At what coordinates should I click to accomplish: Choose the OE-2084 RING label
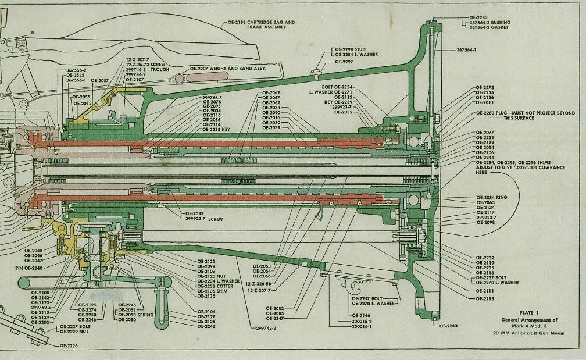491,198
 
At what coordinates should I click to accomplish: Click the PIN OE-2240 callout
29,268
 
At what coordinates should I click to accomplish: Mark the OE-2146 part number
361,315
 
